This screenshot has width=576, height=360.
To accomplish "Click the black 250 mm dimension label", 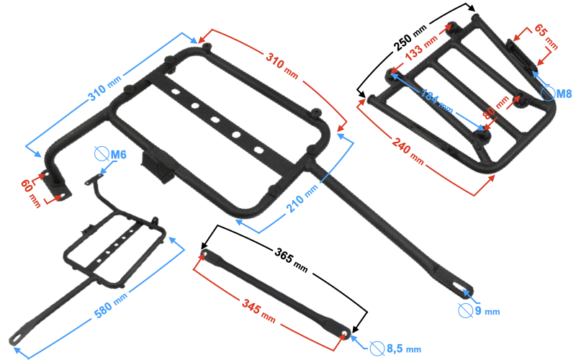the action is click(410, 38).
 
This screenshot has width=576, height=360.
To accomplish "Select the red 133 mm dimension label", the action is click(421, 48).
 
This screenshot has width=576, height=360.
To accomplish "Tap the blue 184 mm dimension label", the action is click(436, 101).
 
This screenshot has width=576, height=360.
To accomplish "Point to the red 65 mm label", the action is click(546, 37).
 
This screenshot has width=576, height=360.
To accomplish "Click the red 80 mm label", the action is click(495, 107).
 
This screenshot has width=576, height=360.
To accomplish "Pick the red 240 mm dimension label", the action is click(408, 150).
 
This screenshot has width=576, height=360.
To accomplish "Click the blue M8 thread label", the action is click(564, 94).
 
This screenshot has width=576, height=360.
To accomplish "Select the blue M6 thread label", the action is click(118, 155).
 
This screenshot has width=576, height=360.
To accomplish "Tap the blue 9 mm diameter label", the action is click(487, 311).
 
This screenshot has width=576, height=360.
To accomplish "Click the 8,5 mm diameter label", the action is click(404, 348).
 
